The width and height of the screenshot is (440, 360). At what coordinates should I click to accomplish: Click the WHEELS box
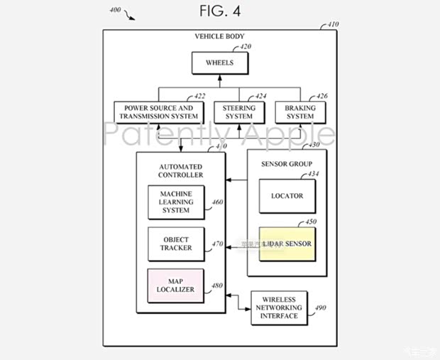[219, 62]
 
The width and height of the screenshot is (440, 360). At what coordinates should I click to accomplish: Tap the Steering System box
[239, 112]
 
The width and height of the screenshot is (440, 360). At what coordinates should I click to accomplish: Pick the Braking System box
[300, 112]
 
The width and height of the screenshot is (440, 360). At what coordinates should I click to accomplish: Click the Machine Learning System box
[175, 202]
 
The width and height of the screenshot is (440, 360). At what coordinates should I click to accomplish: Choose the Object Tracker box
[175, 244]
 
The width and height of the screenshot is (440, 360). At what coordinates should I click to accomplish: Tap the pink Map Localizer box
[175, 285]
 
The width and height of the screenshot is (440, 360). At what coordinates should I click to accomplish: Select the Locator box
[287, 196]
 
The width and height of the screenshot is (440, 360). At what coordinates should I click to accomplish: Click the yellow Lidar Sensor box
[287, 244]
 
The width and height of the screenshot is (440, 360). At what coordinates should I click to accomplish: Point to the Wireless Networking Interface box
[279, 307]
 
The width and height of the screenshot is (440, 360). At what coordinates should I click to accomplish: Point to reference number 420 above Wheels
[246, 47]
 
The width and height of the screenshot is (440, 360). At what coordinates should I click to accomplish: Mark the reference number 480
[216, 286]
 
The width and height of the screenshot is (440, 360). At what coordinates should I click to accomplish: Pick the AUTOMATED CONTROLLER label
[181, 170]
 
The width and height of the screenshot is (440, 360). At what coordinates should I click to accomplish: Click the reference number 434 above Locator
[313, 173]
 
